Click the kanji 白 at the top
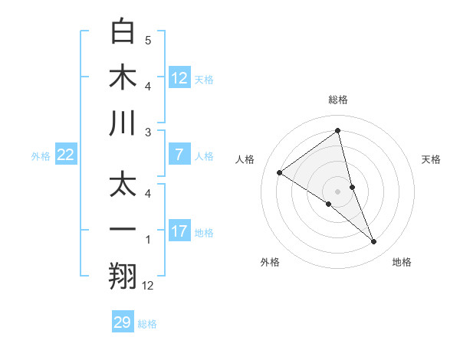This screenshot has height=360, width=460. (123, 31)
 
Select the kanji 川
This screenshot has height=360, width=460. (123, 123)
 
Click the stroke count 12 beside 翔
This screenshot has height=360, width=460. (149, 286)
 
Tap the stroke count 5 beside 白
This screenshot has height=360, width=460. (148, 39)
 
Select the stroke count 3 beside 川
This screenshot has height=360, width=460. (148, 132)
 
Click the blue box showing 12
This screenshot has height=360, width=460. (179, 78)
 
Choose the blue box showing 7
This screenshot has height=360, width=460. (179, 155)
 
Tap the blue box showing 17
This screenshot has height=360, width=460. (179, 232)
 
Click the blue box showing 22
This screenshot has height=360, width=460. (66, 155)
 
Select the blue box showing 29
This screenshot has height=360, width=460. (123, 322)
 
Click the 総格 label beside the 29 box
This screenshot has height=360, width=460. (147, 324)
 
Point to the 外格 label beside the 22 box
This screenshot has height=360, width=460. (41, 156)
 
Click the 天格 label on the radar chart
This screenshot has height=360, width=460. (432, 159)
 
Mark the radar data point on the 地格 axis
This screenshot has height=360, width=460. (374, 242)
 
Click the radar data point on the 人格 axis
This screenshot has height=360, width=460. (279, 172)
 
